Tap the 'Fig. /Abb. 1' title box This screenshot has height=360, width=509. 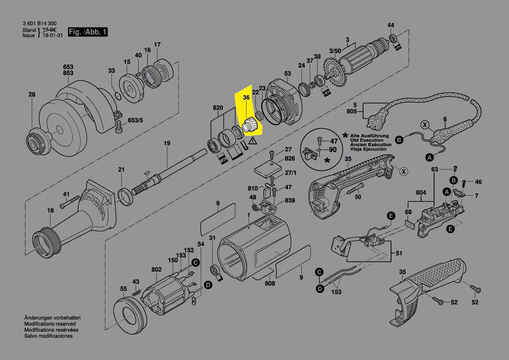pyautogui.click(x=88, y=32)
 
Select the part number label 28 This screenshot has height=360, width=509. pyautogui.click(x=31, y=95)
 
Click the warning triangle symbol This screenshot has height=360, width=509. pyautogui.click(x=252, y=141)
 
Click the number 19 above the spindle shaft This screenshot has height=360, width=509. pyautogui.click(x=167, y=143)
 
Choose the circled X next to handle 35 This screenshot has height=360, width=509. pyautogui.click(x=404, y=171)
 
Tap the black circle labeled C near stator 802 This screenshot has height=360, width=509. pyautogui.click(x=196, y=262)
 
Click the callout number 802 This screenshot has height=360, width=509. pyautogui.click(x=156, y=270)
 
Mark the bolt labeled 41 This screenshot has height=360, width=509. pyautogui.click(x=70, y=202)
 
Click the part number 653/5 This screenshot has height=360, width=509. pyautogui.click(x=135, y=120)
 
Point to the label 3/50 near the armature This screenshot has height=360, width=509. pyautogui.click(x=335, y=51)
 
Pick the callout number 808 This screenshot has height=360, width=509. pyautogui.click(x=270, y=283)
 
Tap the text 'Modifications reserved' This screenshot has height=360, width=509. pyautogui.click(x=50, y=324)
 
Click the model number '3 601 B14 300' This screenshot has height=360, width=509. pyautogui.click(x=40, y=24)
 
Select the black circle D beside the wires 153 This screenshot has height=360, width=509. pyautogui.click(x=320, y=289)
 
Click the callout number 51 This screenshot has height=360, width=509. pyautogui.click(x=399, y=253)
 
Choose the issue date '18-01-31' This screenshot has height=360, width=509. pyautogui.click(x=53, y=35)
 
